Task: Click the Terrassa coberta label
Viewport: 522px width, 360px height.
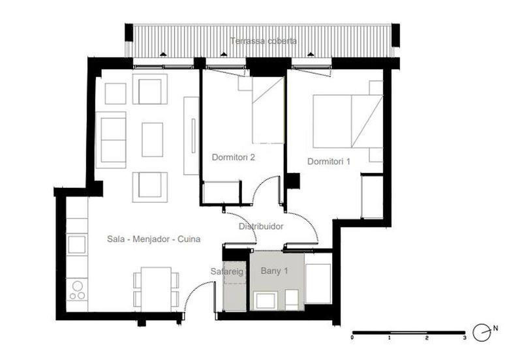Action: click(264, 41)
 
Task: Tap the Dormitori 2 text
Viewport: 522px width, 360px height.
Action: click(234, 157)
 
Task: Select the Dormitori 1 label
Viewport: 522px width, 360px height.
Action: click(329, 161)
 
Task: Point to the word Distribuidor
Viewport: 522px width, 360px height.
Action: click(261, 226)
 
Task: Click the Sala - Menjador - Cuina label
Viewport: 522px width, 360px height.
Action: click(154, 239)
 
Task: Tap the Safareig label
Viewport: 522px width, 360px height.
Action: click(227, 271)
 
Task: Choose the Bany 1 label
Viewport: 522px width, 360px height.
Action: click(274, 271)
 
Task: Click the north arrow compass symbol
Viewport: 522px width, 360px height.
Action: click(482, 333)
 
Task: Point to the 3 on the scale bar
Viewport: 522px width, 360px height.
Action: click(465, 338)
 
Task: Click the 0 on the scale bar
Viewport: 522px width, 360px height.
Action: click(352, 338)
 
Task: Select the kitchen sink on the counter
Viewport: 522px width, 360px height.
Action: click(77, 244)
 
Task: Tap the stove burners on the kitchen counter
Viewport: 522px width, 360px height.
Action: click(77, 290)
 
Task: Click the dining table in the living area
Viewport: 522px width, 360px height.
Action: click(156, 289)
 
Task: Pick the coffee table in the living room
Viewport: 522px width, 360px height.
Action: click(153, 140)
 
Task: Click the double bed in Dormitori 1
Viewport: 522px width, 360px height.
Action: click(348, 121)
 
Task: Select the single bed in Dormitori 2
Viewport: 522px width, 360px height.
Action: click(268, 110)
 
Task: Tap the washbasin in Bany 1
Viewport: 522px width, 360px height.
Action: click(265, 300)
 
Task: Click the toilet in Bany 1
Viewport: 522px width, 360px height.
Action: click(292, 300)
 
